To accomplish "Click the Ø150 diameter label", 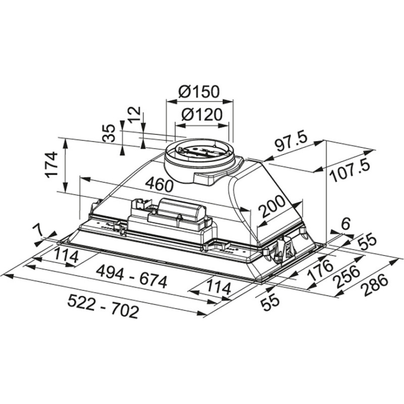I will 199,92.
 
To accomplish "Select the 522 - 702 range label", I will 103,311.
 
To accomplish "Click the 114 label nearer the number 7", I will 66,256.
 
